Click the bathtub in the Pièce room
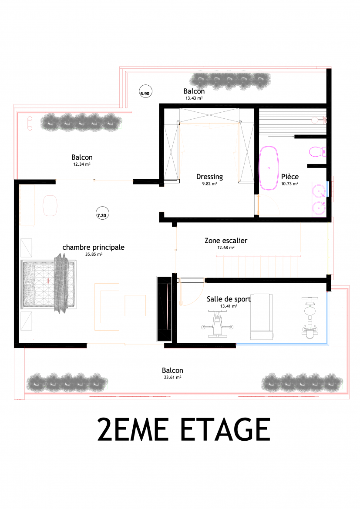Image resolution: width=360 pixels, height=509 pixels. pyautogui.click(x=269, y=168)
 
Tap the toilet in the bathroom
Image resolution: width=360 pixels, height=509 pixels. pyautogui.click(x=317, y=151)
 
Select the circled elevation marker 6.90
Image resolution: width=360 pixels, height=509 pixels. pyautogui.click(x=145, y=92)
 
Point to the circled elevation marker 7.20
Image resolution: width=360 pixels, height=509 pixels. pyautogui.click(x=102, y=214)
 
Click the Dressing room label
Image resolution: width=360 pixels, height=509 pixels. pyautogui.click(x=209, y=177)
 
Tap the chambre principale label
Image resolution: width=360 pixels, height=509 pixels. pyautogui.click(x=93, y=248)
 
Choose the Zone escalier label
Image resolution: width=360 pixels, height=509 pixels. pyautogui.click(x=226, y=241)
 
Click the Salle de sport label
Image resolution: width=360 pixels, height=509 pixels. pyautogui.click(x=229, y=299)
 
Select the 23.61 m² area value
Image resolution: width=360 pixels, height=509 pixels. pyautogui.click(x=172, y=377)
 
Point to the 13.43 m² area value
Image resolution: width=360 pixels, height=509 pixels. pyautogui.click(x=194, y=98)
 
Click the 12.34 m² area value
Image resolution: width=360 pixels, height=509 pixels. pyautogui.click(x=82, y=164)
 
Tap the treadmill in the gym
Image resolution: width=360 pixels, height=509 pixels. pyautogui.click(x=262, y=317)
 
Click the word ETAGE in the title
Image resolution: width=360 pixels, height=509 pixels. pyautogui.click(x=225, y=429)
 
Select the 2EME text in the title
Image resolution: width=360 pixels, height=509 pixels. pyautogui.click(x=133, y=429)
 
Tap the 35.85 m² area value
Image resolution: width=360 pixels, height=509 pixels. pyautogui.click(x=94, y=254)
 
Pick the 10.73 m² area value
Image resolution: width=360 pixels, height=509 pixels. pyautogui.click(x=290, y=184)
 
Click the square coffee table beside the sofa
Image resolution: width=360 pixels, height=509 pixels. pyautogui.click(x=135, y=305)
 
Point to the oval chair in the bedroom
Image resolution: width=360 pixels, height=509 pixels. pyautogui.click(x=50, y=205)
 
